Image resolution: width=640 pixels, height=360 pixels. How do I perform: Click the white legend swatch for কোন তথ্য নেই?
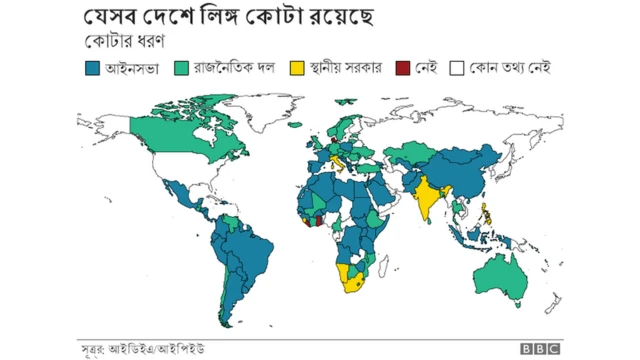[455, 69]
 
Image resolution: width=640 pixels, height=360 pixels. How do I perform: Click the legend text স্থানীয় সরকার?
[346, 69]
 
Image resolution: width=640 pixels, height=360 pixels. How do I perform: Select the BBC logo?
[540, 349]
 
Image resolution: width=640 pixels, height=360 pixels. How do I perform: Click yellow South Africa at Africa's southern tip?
[355, 284]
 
